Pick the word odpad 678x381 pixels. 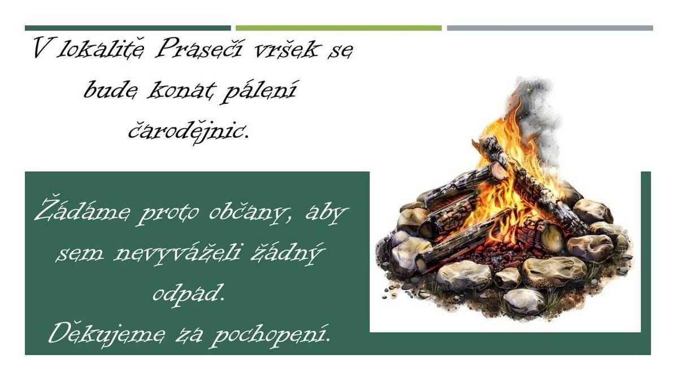click(x=188, y=293)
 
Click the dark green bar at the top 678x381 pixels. click(x=128, y=28)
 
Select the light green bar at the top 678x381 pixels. click(x=338, y=28)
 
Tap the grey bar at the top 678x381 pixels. click(x=550, y=28)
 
